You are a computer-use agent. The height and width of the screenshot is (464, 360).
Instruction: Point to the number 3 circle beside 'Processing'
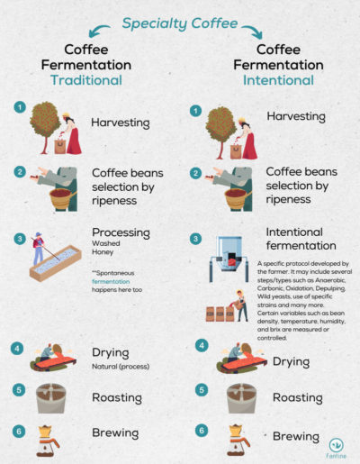pyautogui.click(x=20, y=239)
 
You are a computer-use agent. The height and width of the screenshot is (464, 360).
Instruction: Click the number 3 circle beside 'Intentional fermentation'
pyautogui.click(x=195, y=239)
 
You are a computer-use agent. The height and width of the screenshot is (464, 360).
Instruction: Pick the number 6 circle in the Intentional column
pyautogui.click(x=202, y=431)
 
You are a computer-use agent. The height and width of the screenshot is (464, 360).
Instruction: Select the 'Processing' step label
pyautogui.click(x=121, y=232)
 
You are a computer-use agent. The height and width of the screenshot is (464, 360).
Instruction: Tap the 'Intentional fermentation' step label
pyautogui.click(x=301, y=239)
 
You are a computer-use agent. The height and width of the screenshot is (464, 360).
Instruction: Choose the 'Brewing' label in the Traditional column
pyautogui.click(x=114, y=432)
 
